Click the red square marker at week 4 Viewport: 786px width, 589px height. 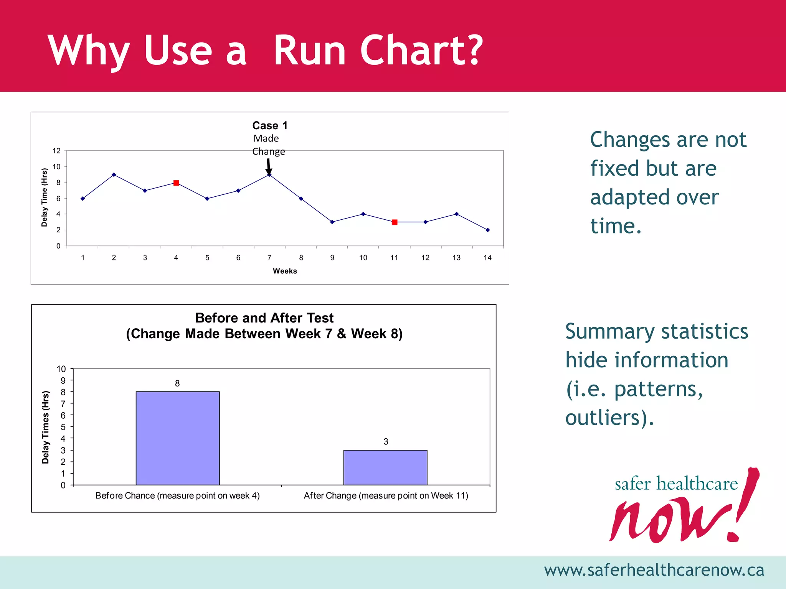[176, 183]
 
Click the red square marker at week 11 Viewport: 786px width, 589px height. [395, 222]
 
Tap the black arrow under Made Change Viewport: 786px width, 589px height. [269, 166]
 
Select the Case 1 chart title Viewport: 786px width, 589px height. [270, 125]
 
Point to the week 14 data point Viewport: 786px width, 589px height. [487, 230]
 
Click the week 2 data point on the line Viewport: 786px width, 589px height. [114, 175]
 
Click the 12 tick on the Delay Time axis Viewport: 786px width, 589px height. [56, 151]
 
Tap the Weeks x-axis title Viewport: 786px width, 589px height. [285, 271]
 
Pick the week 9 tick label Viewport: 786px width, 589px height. [332, 258]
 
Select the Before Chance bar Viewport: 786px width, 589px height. [178, 438]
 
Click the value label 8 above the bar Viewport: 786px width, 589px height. [177, 383]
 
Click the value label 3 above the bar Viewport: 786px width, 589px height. [386, 442]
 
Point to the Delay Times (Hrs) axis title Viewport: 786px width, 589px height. [46, 427]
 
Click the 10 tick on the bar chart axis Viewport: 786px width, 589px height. [61, 369]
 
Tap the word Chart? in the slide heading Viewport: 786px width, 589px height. [421, 50]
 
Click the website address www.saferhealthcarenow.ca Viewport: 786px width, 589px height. [654, 570]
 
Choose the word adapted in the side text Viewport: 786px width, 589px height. [654, 197]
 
